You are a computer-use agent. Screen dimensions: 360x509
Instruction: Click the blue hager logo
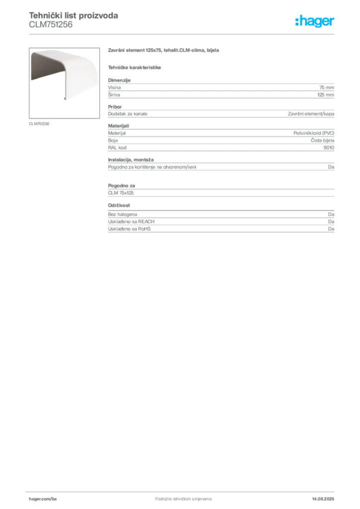(315, 22)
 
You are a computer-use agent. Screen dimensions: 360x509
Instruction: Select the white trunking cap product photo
(63, 75)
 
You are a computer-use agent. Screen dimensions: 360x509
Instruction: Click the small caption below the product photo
(40, 123)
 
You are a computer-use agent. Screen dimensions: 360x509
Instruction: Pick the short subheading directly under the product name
(135, 67)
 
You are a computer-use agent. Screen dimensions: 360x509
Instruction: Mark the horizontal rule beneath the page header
(183, 34)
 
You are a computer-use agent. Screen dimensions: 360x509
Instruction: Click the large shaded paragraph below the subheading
(220, 89)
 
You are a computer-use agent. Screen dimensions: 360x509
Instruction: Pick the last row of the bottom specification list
(220, 230)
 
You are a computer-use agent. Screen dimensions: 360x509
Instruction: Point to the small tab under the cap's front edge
(68, 99)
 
